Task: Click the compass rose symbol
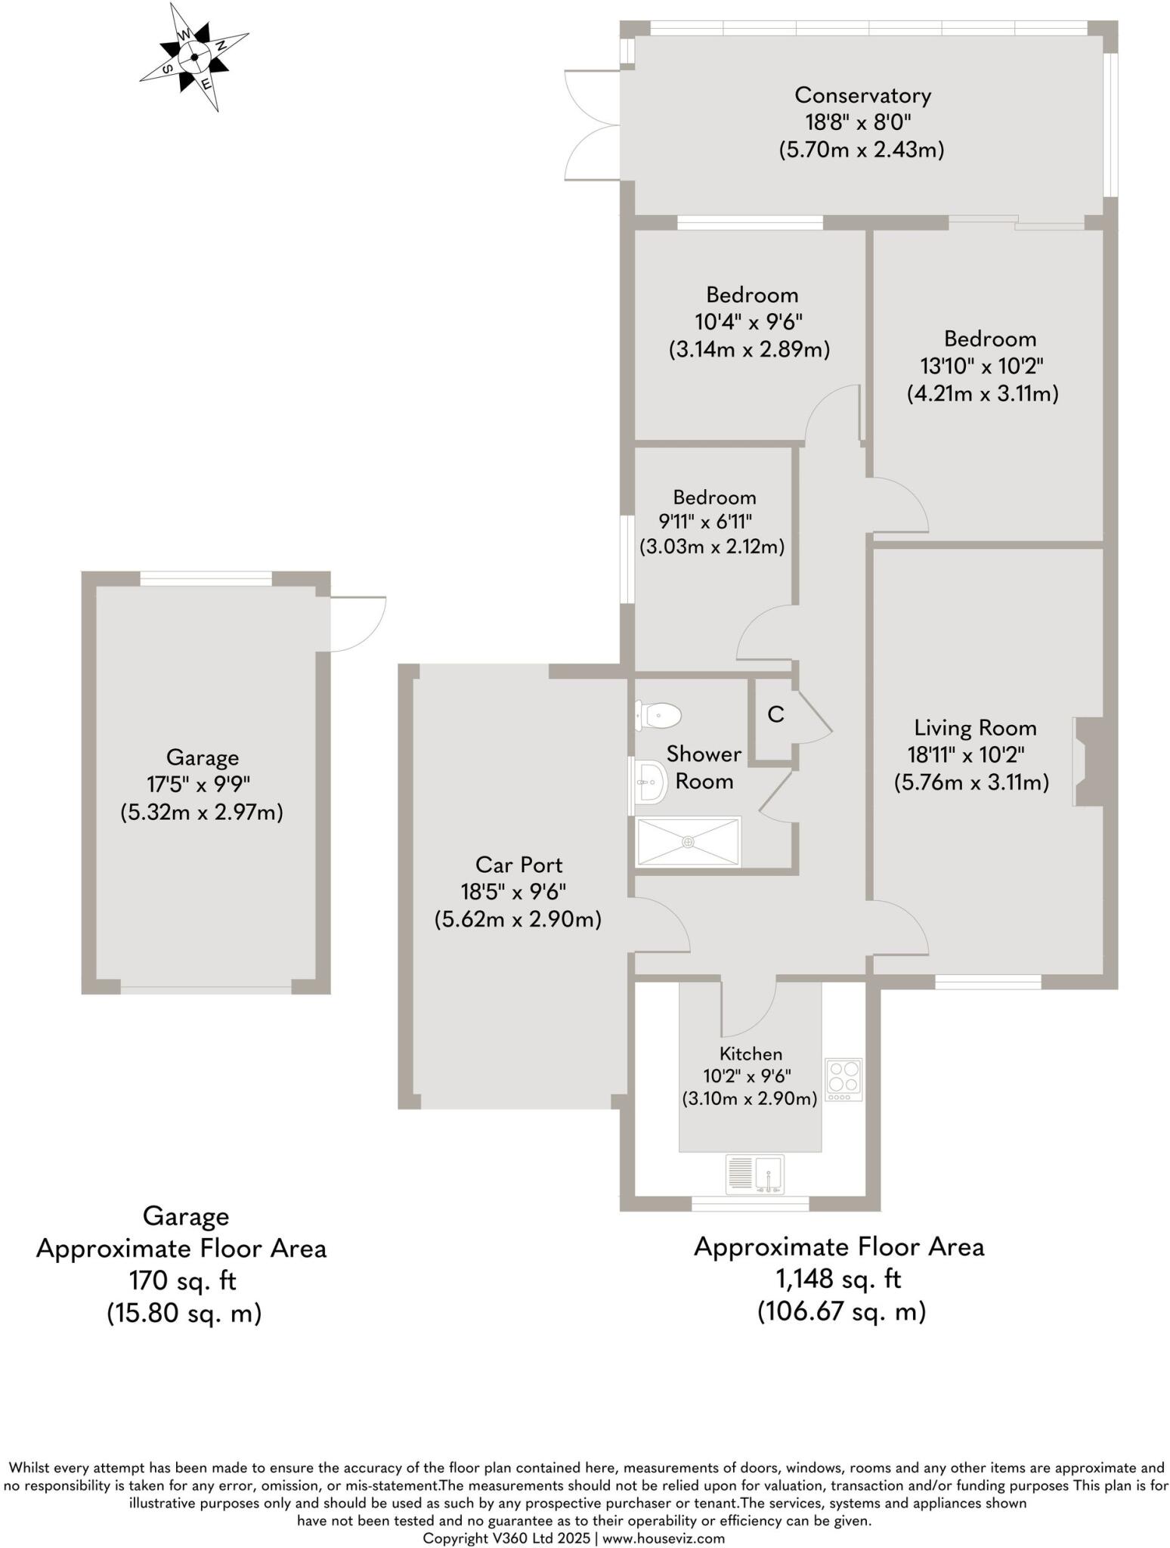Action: pos(195,57)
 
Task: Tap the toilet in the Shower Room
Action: pos(659,715)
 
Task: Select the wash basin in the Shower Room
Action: pos(648,782)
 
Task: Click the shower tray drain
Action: pos(689,841)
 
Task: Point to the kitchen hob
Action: pos(843,1079)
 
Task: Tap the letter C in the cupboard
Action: pos(775,714)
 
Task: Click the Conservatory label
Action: pos(862,95)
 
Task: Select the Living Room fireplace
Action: pos(1088,762)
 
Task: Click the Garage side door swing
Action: pos(358,624)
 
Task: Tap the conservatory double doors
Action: pos(592,124)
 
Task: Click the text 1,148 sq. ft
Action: pos(839,1279)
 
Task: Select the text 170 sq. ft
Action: pos(183,1280)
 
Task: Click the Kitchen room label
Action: pos(751,1054)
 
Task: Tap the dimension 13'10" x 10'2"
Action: pos(982,366)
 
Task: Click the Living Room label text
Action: pos(975,728)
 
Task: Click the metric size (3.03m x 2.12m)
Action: pos(711,546)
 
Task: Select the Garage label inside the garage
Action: pos(203,757)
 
